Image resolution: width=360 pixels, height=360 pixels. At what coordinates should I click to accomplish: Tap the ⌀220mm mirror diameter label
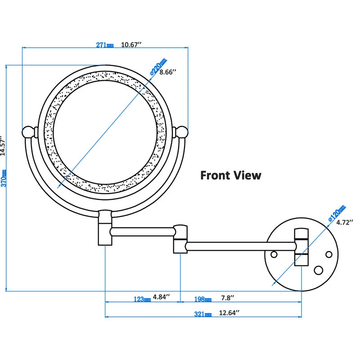click(x=159, y=67)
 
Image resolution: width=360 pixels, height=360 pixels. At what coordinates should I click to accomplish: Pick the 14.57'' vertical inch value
click(x=4, y=147)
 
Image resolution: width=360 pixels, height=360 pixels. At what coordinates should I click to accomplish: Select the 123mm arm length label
click(x=142, y=299)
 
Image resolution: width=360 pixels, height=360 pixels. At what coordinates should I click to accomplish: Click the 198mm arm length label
click(x=202, y=299)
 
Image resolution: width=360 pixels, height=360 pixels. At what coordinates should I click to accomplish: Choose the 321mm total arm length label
click(x=202, y=314)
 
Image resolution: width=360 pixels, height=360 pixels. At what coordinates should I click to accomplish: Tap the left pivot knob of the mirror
click(x=28, y=131)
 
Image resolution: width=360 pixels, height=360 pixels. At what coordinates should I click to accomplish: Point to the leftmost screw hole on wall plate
click(x=273, y=254)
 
